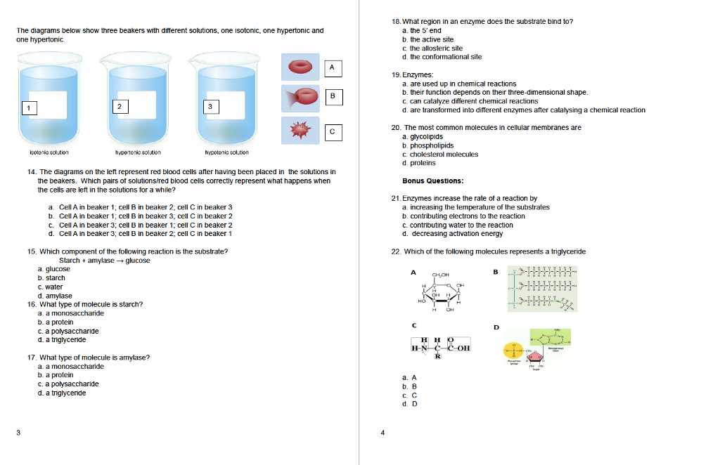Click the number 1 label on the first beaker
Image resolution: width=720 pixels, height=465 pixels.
tap(28, 107)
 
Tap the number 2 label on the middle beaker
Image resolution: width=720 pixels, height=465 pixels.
tap(120, 106)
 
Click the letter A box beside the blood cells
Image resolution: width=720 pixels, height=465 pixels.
tap(333, 67)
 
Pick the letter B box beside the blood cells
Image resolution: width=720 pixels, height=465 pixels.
tap(333, 96)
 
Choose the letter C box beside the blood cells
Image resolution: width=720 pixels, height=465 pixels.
tap(333, 131)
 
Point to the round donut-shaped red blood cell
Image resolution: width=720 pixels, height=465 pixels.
tap(301, 67)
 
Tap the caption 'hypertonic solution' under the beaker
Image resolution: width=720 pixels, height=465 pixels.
tap(138, 152)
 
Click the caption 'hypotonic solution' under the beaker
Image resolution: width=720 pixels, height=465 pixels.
tap(226, 152)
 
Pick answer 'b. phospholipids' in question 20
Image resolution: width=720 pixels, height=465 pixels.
tap(427, 145)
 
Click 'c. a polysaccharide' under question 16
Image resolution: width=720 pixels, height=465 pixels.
tap(68, 331)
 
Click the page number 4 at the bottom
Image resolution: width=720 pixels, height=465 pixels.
tap(382, 433)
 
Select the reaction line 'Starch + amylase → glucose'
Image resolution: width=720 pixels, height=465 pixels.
tap(105, 260)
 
